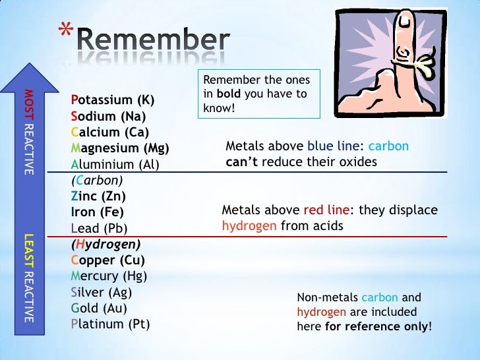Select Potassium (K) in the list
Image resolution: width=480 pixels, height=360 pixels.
112,101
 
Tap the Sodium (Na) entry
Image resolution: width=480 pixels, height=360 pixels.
108,117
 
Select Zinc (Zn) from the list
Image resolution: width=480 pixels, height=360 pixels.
98,196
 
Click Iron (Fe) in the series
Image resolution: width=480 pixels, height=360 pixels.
97,212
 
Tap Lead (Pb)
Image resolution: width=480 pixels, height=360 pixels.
99,228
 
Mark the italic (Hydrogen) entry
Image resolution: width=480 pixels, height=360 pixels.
105,244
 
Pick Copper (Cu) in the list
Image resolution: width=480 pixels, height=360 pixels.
104,260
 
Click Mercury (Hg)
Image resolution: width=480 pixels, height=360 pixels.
109,276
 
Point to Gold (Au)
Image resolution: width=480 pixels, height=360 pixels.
99,308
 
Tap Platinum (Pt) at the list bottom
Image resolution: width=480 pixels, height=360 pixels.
110,324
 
